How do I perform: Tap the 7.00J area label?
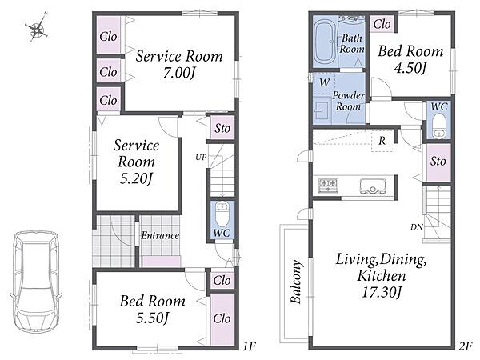(x=179, y=73)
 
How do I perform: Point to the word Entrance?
(x=160, y=235)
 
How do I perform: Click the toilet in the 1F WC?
(x=222, y=214)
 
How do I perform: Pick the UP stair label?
(x=201, y=158)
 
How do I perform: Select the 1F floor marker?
(x=249, y=346)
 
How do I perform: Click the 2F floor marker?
(x=465, y=346)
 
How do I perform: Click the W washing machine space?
(x=324, y=82)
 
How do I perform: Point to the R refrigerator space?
(x=382, y=141)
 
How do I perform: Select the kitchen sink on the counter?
(x=373, y=186)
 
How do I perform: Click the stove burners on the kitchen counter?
(x=329, y=186)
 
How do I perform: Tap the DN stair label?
(x=417, y=227)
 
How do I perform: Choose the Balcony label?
(x=296, y=282)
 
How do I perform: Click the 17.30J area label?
(x=382, y=292)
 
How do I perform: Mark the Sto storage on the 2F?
(x=438, y=162)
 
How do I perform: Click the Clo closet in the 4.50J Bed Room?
(x=382, y=24)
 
